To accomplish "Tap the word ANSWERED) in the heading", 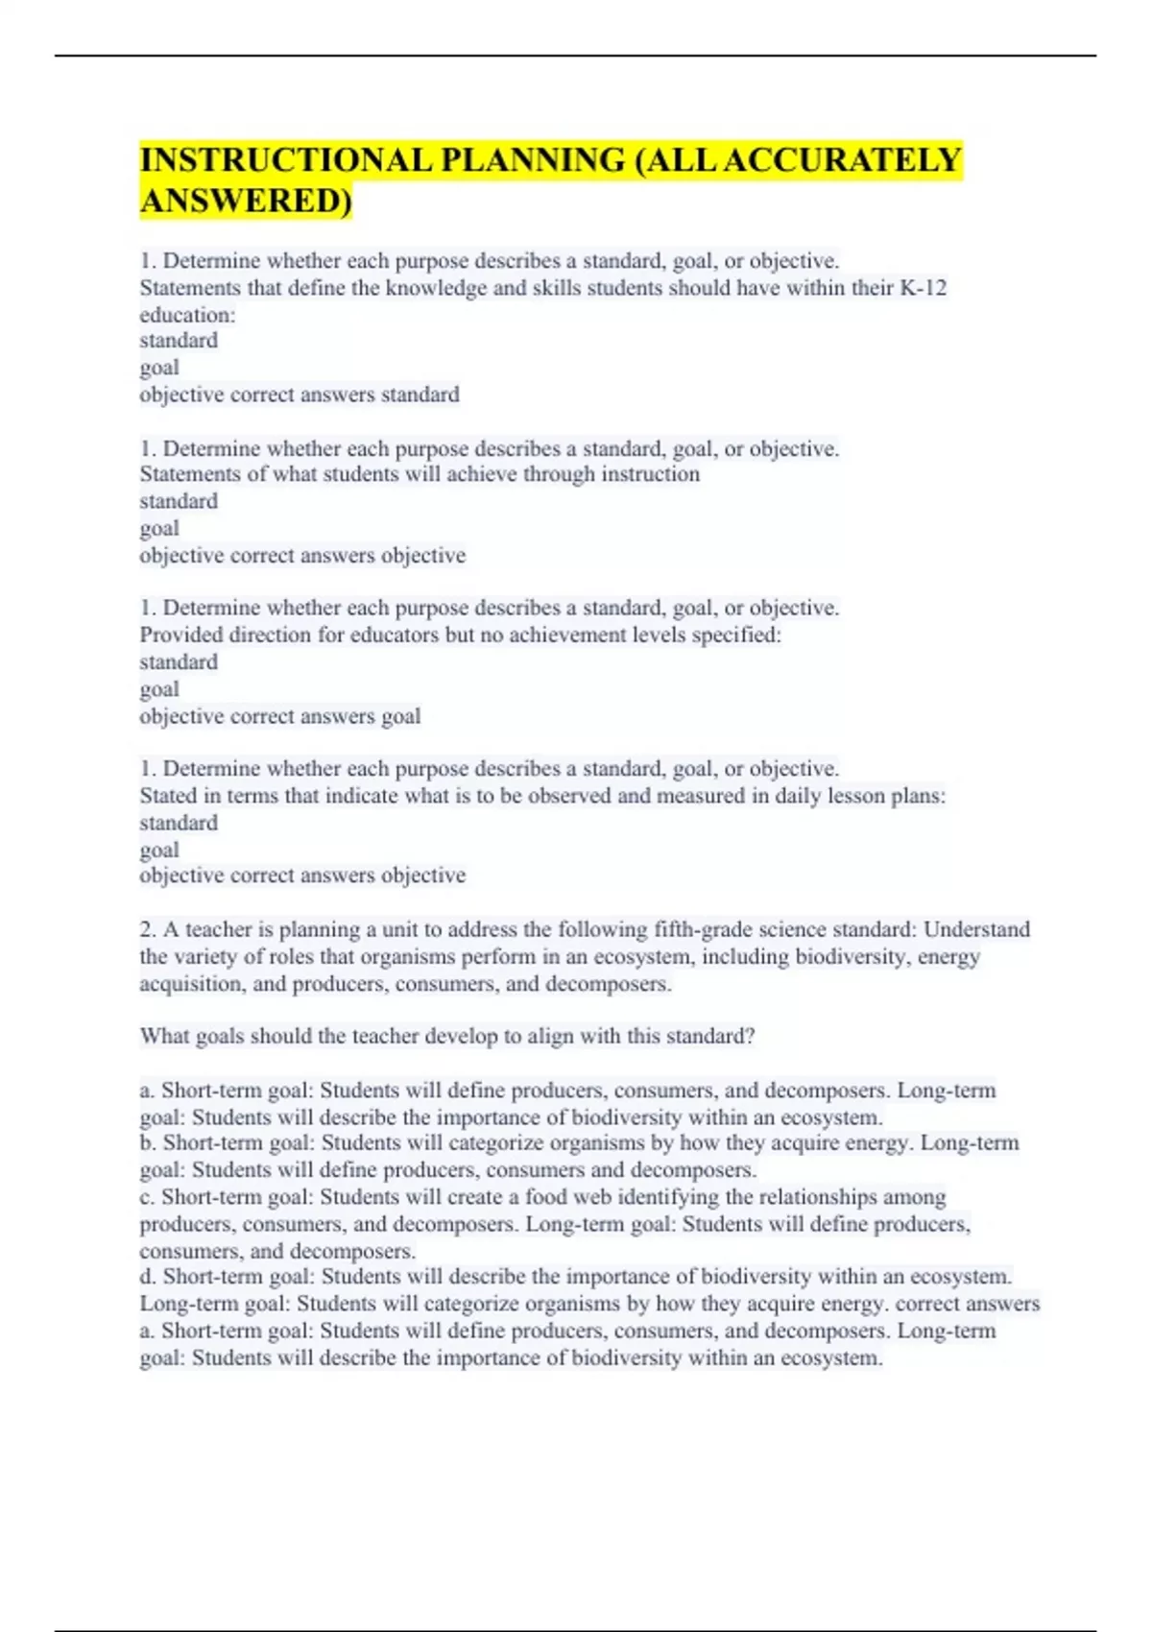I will [246, 202].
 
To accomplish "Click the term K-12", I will [924, 288].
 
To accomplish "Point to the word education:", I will [187, 315].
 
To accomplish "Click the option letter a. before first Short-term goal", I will [147, 1091].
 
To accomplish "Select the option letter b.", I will [148, 1143].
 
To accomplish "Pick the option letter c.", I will [147, 1197].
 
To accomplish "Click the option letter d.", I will [148, 1277].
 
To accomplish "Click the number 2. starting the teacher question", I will [148, 929].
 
